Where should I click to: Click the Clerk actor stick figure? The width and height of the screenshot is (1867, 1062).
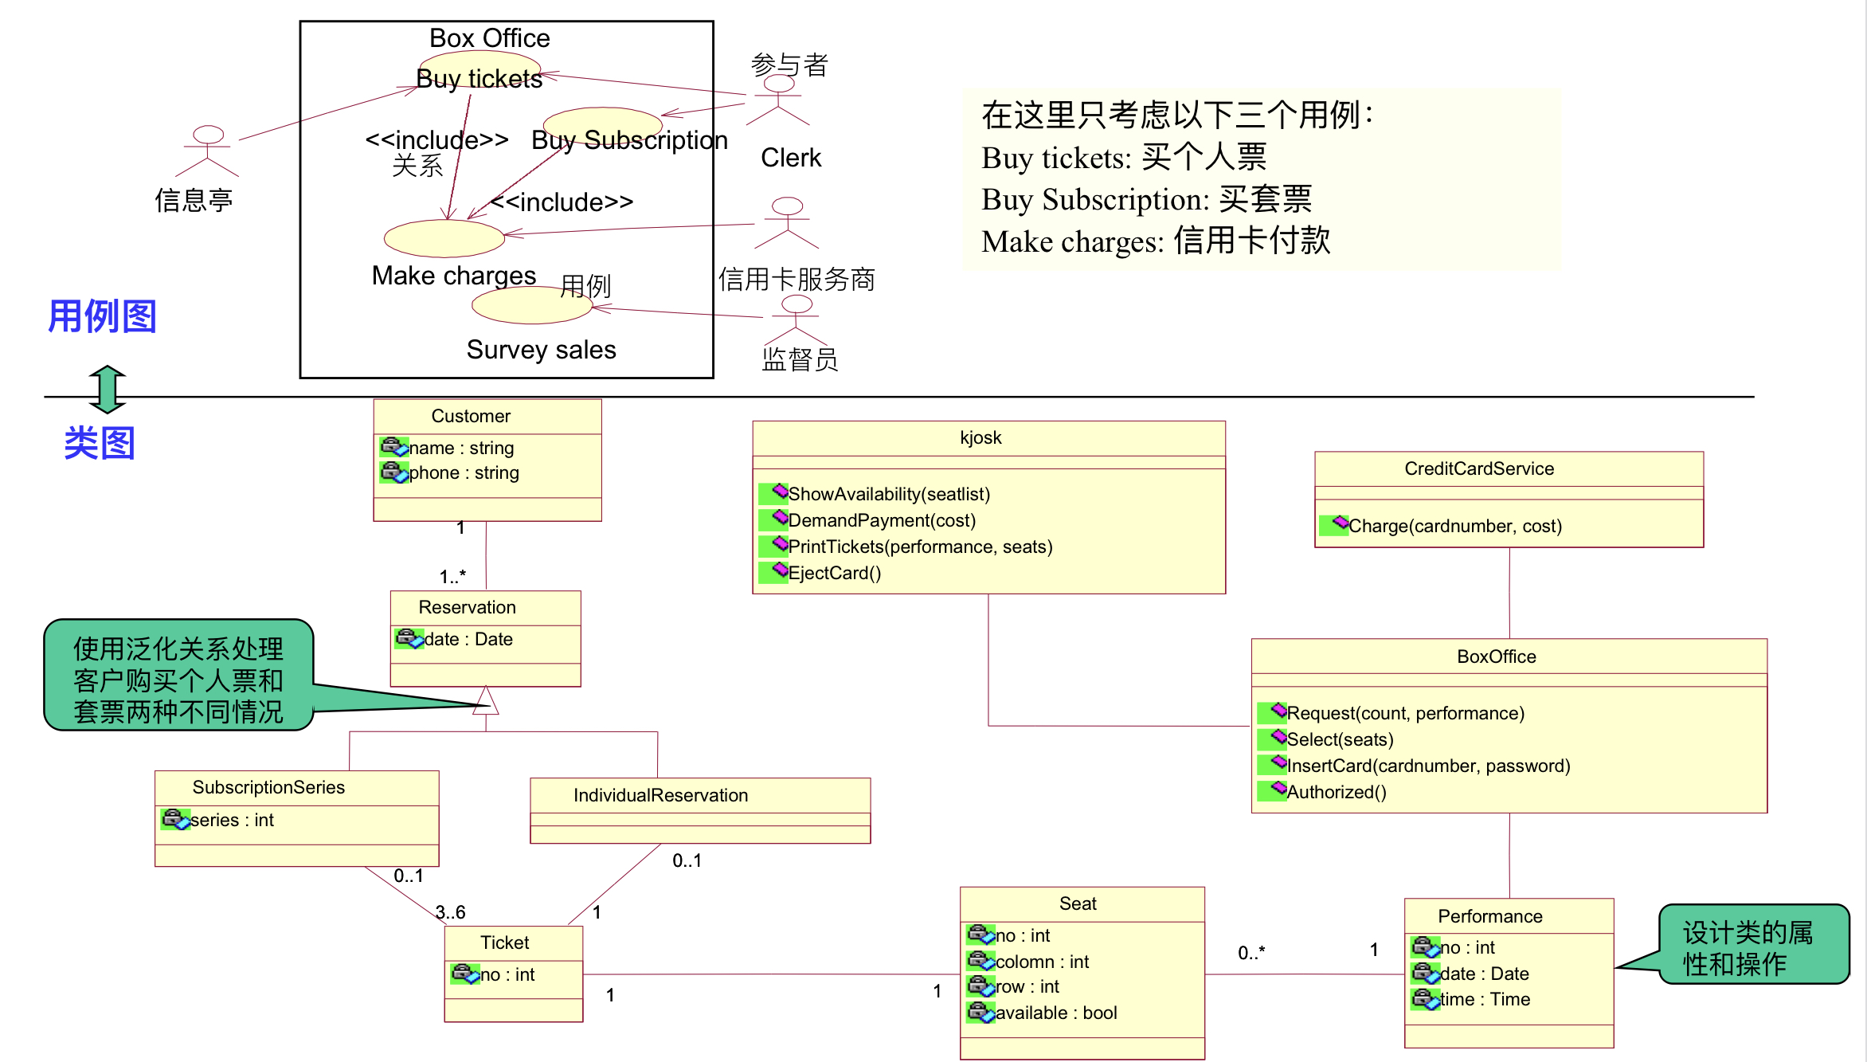coord(778,101)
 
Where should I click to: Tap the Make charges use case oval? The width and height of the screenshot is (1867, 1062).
coord(444,238)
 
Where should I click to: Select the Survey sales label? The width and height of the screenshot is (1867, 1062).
coord(541,350)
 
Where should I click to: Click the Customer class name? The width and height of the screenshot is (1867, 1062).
coord(471,416)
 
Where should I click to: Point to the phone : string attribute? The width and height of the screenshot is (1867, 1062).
coord(463,473)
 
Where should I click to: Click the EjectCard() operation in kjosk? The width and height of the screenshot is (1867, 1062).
coord(834,573)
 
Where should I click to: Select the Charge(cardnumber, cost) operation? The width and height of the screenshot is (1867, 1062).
coord(1454,526)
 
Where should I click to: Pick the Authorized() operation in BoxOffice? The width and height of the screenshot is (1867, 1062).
coord(1337,792)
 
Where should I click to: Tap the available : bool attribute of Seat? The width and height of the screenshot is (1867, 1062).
coord(1055,1013)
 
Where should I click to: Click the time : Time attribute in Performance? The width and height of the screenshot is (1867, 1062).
coord(1485,999)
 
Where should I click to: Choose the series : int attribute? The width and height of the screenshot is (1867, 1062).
coord(232,820)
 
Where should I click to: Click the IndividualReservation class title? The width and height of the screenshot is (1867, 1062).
coord(660,795)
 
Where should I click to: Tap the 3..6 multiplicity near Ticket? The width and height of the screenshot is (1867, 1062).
coord(450,912)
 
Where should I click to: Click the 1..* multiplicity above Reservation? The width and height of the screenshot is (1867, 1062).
coord(452,576)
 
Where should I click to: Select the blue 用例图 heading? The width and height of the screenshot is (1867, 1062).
coord(102,316)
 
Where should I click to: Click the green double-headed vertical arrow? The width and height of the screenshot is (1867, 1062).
coord(108,389)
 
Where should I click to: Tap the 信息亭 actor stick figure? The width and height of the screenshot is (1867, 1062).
coord(208,151)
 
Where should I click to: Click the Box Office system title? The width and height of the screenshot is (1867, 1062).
coord(489,38)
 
